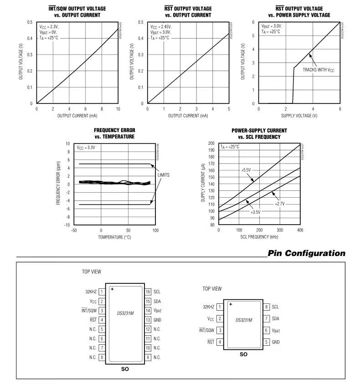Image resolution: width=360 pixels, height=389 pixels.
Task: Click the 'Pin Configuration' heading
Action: (306, 253)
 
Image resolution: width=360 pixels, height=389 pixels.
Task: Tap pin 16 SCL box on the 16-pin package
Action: (148, 292)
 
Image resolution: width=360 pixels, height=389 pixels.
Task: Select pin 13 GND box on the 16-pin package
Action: (148, 320)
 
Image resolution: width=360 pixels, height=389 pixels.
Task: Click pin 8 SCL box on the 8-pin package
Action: (267, 307)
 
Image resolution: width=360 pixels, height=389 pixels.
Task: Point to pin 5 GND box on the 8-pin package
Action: (267, 342)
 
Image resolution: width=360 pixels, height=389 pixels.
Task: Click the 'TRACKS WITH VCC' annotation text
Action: (319, 70)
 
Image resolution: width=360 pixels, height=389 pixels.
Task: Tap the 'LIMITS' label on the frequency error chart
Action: (164, 174)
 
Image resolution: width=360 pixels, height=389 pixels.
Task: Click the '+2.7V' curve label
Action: (279, 204)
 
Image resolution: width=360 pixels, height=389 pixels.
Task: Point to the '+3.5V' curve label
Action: (255, 212)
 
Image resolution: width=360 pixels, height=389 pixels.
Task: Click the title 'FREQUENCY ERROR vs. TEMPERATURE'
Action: (114, 133)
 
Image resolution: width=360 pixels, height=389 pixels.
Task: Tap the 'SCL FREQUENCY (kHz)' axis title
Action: (259, 237)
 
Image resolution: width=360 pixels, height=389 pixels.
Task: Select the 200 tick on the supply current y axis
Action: (211, 143)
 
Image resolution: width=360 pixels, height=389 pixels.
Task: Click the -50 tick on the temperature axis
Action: (74, 230)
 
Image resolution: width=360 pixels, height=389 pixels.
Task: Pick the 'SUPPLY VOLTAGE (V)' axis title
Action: (299, 116)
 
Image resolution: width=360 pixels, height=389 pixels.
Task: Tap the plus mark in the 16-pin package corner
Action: (112, 289)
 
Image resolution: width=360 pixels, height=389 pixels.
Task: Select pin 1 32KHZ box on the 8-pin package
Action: (220, 307)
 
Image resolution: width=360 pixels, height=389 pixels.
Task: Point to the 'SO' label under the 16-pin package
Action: (125, 369)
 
